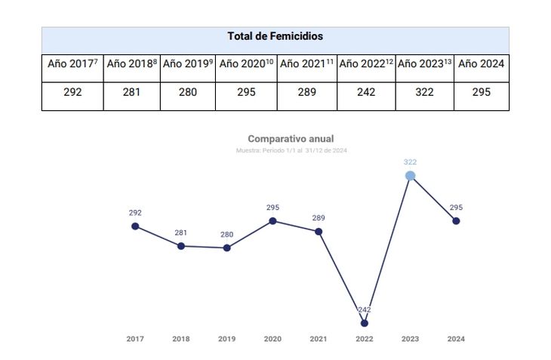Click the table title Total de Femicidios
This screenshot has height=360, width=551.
coord(275,36)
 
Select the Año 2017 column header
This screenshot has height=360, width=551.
coord(72,64)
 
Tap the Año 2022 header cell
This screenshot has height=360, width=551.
coord(366,64)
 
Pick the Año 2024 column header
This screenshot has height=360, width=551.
coord(481,64)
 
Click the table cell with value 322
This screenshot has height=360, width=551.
coord(424,92)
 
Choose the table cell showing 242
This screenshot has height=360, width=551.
coord(366,92)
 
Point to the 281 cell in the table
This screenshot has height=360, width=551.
coord(131,92)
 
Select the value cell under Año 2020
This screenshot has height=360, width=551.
coord(246,92)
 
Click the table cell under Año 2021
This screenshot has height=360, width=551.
coord(306,92)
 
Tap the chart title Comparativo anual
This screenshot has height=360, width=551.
coord(291,139)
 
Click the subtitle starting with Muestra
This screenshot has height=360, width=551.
coord(291,150)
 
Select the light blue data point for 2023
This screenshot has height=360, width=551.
coord(410,176)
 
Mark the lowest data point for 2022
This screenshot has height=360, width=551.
coord(365,323)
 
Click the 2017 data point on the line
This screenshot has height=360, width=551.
coord(135,226)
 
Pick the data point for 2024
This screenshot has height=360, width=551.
coord(456,221)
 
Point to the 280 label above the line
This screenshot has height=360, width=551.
coord(226,235)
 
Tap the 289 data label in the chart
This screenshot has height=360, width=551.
coord(319,218)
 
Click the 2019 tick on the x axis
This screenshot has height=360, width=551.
coord(226,339)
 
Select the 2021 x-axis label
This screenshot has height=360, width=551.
coord(319,339)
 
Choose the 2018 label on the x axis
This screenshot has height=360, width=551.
coord(181,339)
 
